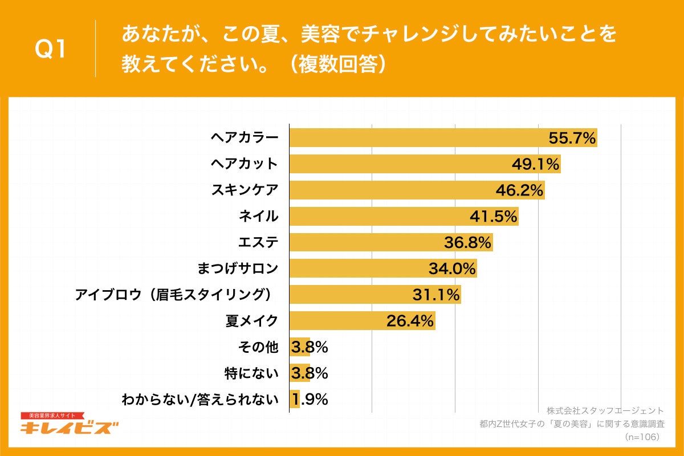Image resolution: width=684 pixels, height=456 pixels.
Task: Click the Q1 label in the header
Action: click(51, 50)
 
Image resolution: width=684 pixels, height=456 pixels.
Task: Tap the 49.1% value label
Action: click(536, 164)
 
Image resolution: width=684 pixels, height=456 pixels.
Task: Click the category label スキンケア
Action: click(245, 190)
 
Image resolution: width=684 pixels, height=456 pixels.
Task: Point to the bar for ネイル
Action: click(376, 216)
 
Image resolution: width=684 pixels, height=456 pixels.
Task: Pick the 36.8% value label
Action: click(468, 243)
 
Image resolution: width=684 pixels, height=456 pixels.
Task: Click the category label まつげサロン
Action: click(238, 268)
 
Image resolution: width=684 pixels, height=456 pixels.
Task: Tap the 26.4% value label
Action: click(410, 321)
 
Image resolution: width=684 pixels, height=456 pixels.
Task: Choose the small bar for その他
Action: click(299, 347)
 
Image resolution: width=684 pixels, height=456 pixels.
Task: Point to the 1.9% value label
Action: click(311, 400)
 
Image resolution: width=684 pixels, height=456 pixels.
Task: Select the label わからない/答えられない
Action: click(200, 400)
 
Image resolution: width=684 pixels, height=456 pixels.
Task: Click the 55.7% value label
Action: click(572, 138)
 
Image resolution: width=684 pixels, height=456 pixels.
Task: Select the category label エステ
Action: click(258, 242)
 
